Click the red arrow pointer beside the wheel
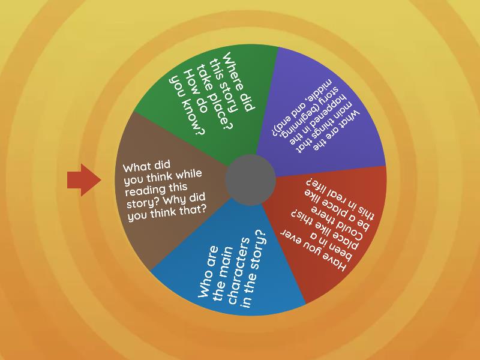tap(83, 179)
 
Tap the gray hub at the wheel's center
tap(250, 179)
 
